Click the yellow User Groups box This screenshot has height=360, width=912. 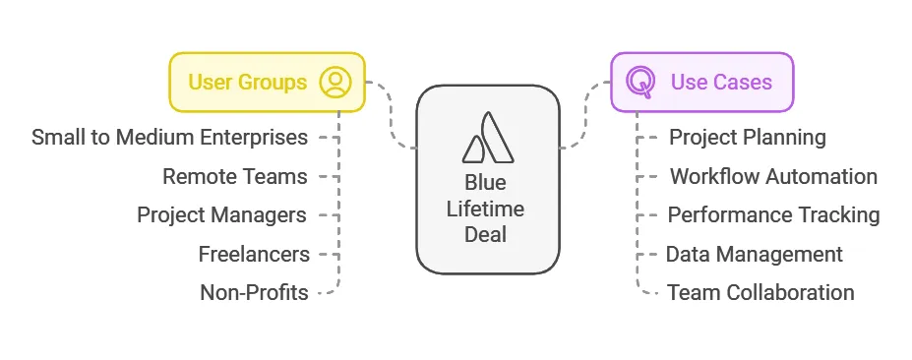click(267, 82)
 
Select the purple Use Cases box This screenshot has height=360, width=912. click(701, 82)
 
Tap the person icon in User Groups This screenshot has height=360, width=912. click(335, 82)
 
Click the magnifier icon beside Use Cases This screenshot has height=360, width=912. click(640, 82)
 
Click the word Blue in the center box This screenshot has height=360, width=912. click(486, 184)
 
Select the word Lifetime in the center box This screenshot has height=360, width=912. click(486, 209)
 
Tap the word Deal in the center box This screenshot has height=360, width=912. click(486, 234)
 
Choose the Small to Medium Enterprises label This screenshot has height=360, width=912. click(169, 137)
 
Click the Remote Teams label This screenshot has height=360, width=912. click(235, 176)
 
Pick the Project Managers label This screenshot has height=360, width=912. click(221, 214)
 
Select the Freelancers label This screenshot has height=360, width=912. click(254, 254)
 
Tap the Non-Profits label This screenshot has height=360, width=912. click(254, 292)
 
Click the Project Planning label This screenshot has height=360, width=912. click(747, 137)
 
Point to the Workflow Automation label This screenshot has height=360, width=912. click(773, 176)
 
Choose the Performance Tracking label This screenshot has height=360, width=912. click(773, 214)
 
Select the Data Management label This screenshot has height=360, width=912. click(754, 254)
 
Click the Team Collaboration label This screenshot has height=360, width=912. click(760, 292)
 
